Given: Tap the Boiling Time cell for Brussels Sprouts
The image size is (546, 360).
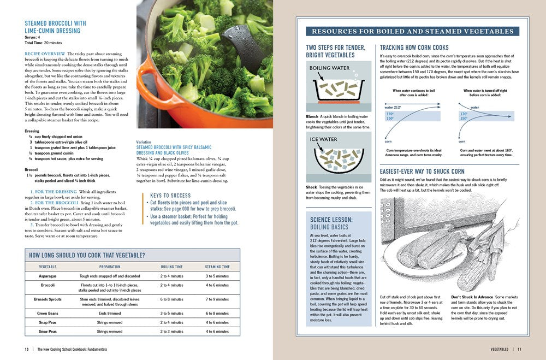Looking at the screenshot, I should point(172,299).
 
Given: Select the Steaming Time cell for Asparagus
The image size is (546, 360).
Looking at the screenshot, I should point(217,276).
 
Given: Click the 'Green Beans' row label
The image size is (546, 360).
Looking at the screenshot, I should point(48,314).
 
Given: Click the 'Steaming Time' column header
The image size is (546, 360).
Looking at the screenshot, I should point(217,267).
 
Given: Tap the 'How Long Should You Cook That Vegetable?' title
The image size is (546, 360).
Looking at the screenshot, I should point(87,255).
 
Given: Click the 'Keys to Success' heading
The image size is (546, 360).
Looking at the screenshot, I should point(170,196).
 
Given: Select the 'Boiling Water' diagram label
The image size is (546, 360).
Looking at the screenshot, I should point(329,68).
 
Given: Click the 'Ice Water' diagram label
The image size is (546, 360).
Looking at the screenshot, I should point(324,139).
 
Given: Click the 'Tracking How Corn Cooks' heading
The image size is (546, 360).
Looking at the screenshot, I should point(414,48).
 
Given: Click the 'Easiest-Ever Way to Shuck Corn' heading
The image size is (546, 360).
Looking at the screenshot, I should point(422,172).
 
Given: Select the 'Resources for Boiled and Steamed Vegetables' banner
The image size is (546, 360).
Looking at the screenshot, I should point(412,32).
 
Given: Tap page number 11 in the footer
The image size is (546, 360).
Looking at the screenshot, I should point(520,349).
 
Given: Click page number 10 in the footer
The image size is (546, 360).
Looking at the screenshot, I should point(26,349).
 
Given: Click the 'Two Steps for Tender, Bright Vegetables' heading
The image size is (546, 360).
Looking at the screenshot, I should point(330,51).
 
